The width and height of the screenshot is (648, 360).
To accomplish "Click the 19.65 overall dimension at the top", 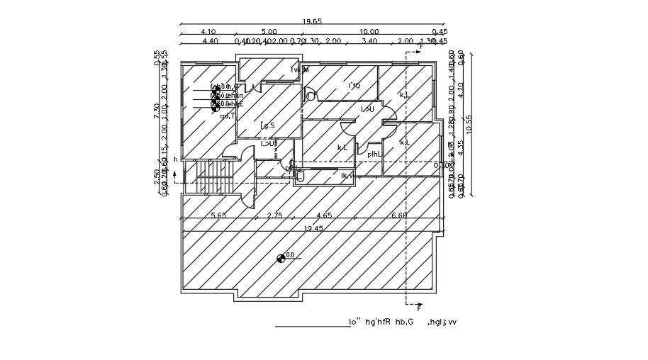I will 312,21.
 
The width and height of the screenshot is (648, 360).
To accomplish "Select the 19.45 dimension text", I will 313,228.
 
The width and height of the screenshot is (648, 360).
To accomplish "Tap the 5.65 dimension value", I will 218,215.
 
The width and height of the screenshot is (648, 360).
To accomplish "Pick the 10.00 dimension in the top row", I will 369,32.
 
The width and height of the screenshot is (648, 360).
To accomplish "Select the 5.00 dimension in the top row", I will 269,32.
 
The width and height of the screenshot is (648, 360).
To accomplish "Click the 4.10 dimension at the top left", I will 208,32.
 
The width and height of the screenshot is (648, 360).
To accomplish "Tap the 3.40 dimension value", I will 369,41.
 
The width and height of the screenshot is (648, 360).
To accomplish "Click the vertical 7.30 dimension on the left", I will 157,110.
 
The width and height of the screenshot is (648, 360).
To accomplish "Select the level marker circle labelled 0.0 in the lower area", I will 281,258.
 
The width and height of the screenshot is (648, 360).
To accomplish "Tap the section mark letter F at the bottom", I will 418,308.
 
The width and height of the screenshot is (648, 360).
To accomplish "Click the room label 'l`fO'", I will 354,86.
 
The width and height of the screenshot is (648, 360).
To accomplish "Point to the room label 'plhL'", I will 374,154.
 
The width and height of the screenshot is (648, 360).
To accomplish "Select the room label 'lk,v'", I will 347,176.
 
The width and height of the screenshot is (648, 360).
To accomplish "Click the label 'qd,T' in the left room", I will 228,116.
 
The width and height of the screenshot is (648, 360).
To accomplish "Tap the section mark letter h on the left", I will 175,159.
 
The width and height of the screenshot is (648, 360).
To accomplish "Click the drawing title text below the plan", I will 402,322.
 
